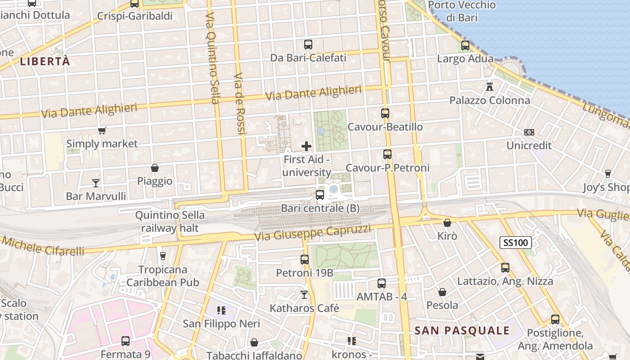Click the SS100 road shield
click(516, 243)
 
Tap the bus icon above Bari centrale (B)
click(320, 195)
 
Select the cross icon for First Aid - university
click(306, 146)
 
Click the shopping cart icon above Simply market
click(102, 131)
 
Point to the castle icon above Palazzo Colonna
click(490, 86)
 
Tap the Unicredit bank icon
click(529, 132)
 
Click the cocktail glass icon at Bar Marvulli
click(96, 183)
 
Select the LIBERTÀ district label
click(45, 62)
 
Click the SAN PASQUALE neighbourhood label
click(462, 331)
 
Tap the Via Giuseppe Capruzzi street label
click(313, 233)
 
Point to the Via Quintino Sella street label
click(212, 58)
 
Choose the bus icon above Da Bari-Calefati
click(308, 45)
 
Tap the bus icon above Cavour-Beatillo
click(385, 113)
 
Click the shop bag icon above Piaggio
click(155, 168)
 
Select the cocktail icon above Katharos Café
click(304, 295)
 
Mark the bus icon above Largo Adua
click(465, 45)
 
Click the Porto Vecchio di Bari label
click(462, 11)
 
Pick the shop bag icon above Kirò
click(447, 223)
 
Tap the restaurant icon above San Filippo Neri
click(221, 310)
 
